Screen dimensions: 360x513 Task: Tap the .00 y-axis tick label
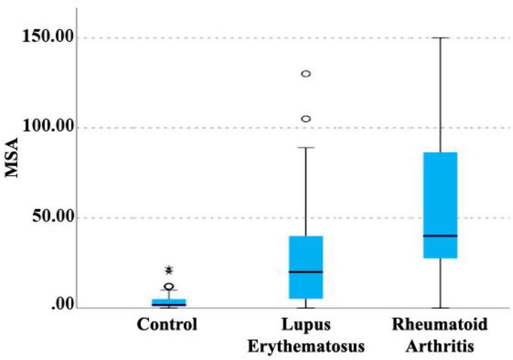click(x=55, y=307)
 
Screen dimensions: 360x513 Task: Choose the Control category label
click(x=167, y=325)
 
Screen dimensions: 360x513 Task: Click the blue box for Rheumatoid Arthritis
click(x=440, y=197)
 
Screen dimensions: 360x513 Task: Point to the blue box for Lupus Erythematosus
click(x=306, y=257)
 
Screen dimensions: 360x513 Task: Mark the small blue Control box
click(x=169, y=302)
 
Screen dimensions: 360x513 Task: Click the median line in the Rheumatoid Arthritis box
click(x=440, y=235)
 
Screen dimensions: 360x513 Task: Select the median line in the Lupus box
click(x=306, y=271)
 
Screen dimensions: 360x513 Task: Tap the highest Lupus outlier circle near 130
click(x=306, y=74)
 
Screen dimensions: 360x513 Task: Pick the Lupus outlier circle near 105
click(x=306, y=119)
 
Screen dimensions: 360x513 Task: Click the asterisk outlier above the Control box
click(x=169, y=269)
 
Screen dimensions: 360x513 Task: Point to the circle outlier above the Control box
click(x=169, y=286)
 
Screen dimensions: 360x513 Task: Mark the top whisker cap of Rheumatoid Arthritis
click(x=440, y=38)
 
